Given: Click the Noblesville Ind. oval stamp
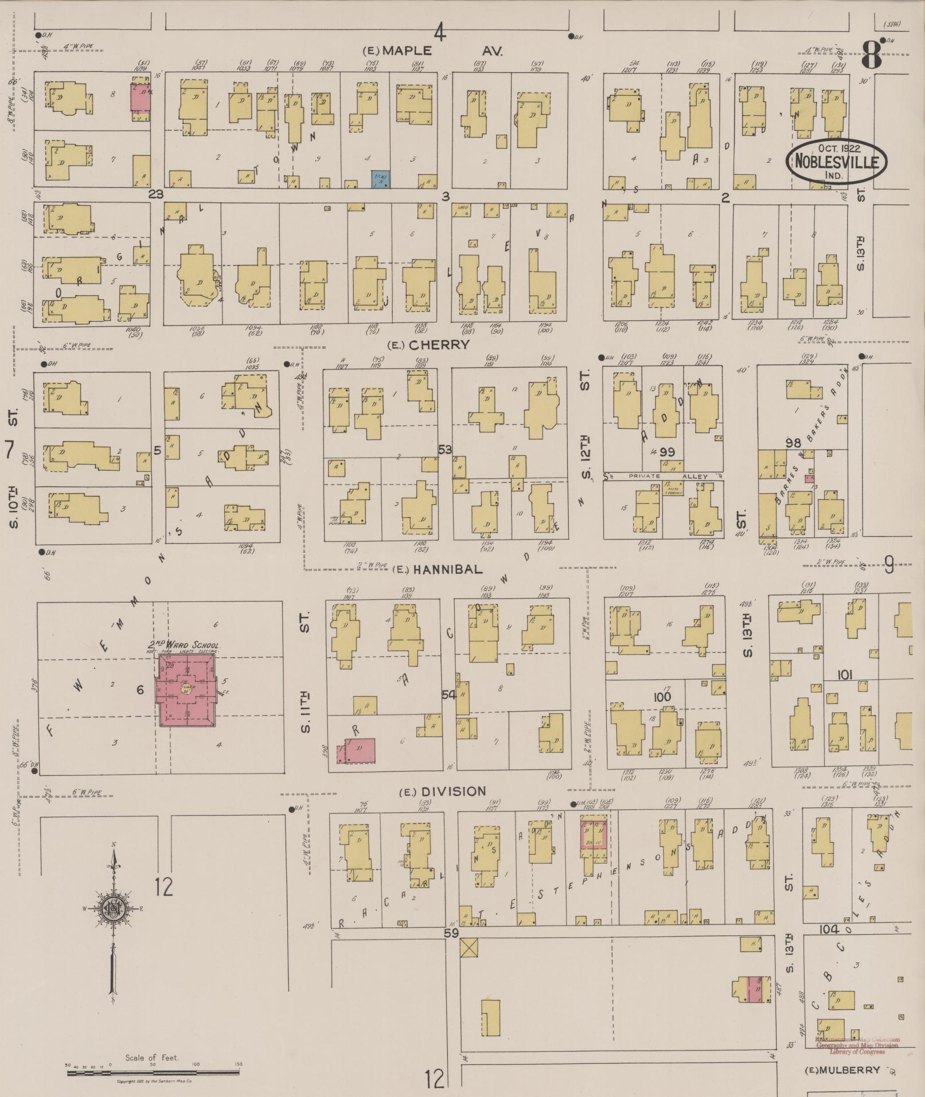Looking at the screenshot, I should coord(836,161).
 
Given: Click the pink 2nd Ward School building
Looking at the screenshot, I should coord(187,690).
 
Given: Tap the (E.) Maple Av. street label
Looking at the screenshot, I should coord(434,51).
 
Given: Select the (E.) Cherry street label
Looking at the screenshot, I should coord(428,345).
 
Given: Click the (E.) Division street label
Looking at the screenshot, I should coord(442,792).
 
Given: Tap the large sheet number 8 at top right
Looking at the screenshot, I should coord(871,55).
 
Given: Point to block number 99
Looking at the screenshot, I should coord(666,452).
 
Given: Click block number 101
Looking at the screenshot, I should coord(844,675).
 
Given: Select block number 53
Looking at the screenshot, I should coord(445,450).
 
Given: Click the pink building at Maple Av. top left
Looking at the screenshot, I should coord(140,96).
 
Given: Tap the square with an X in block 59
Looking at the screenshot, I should coord(469,947).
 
